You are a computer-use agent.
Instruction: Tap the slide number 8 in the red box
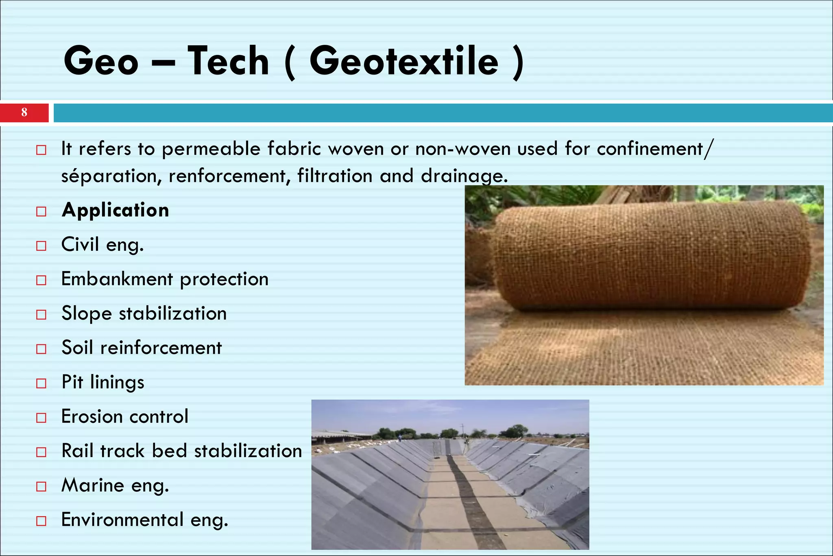(x=24, y=113)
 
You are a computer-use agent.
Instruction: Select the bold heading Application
(x=115, y=210)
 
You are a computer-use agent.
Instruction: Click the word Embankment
(x=117, y=279)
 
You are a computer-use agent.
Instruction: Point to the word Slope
(x=87, y=314)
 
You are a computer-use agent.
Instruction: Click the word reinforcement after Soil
(x=161, y=348)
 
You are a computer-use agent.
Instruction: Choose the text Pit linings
(x=103, y=382)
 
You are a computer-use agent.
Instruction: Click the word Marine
(x=93, y=485)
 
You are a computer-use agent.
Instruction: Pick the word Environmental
(x=122, y=520)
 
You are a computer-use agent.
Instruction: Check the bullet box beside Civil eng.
(x=41, y=246)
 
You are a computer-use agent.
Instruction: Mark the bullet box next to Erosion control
(x=41, y=418)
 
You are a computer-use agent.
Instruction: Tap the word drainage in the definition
(x=464, y=176)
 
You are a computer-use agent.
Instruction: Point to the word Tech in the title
(x=228, y=61)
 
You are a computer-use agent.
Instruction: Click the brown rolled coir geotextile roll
(x=651, y=256)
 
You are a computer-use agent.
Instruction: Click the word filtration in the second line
(x=335, y=176)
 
